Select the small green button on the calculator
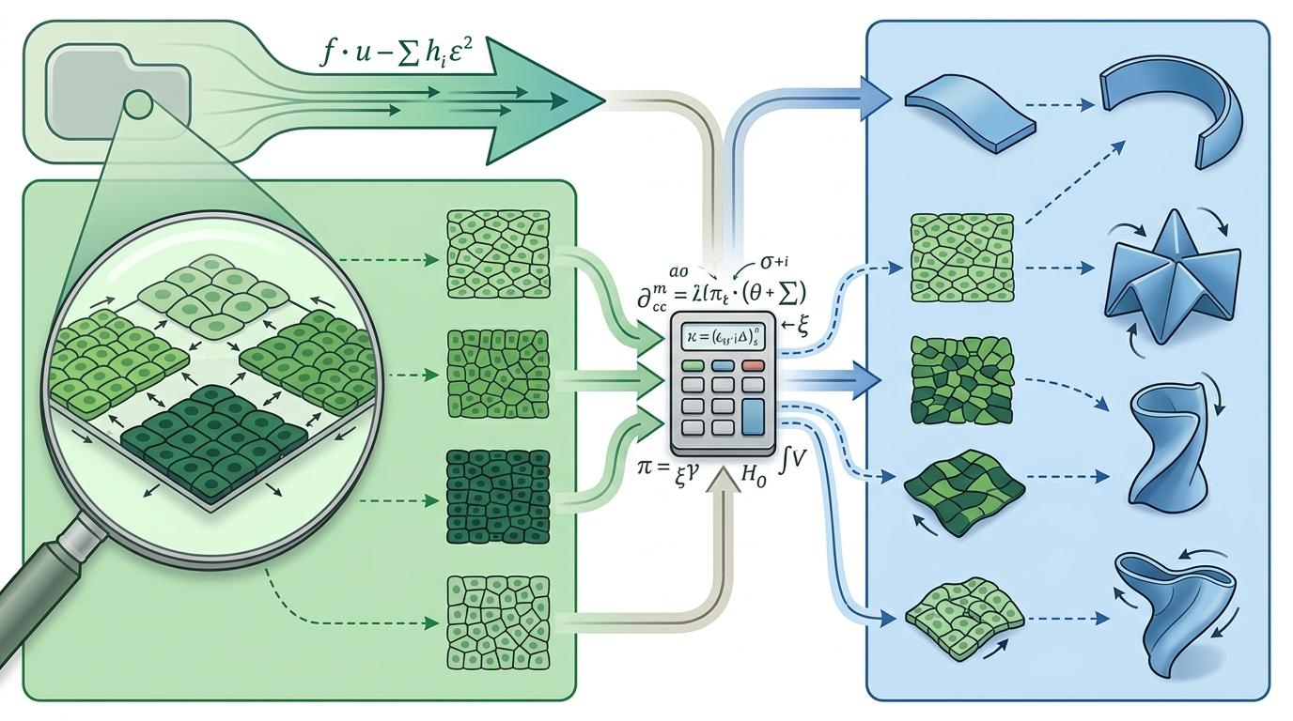tap(694, 366)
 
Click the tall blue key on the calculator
tap(755, 416)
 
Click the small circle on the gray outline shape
tap(139, 100)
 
